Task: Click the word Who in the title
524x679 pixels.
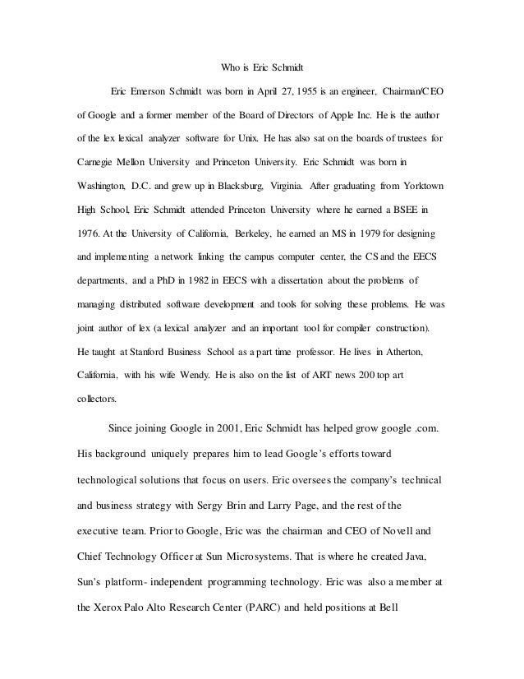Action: [x=233, y=67]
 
